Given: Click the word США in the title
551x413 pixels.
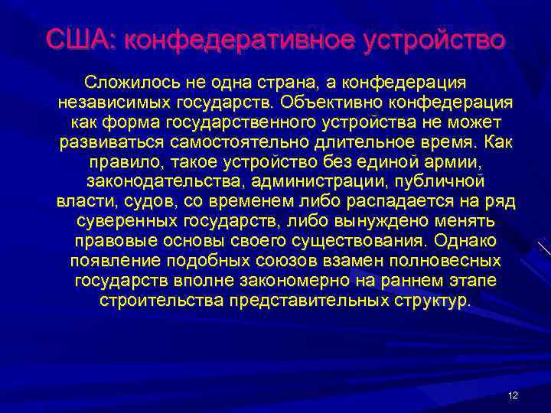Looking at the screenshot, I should click(x=77, y=38).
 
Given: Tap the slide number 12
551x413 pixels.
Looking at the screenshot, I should click(x=513, y=395).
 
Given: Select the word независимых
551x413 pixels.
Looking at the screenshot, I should click(x=108, y=101).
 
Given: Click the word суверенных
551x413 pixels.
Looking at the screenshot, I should click(x=128, y=222).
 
